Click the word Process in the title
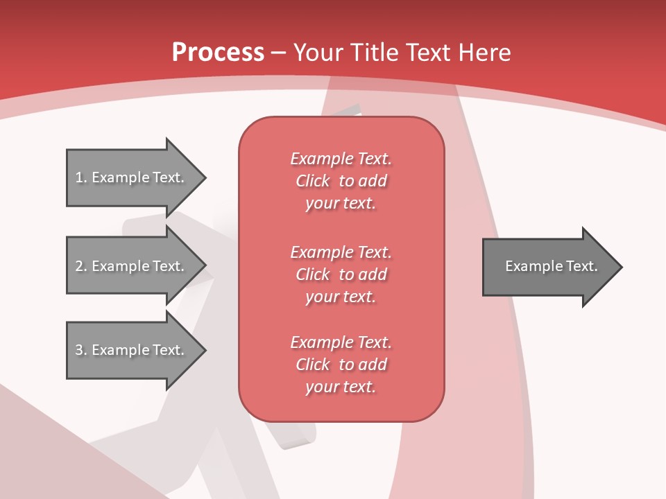218,53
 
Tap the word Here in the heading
485,53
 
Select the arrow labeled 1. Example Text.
132,177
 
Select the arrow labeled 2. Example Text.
132,266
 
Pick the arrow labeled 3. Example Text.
132,350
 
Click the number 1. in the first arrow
81,177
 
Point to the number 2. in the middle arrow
81,266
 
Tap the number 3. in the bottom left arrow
81,350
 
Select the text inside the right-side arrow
551,266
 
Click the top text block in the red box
341,181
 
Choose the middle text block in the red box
341,274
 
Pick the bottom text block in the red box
341,365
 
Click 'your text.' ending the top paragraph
341,204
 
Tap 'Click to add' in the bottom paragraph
341,365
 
